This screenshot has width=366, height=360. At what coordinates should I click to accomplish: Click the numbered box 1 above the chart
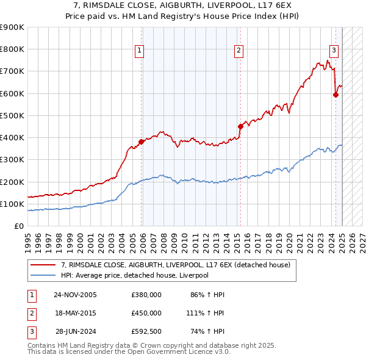pos(140,51)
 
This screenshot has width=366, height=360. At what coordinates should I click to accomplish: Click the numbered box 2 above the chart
pos(239,51)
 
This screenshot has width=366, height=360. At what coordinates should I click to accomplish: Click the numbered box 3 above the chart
pos(334,51)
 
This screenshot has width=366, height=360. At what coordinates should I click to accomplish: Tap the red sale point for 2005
pos(141,142)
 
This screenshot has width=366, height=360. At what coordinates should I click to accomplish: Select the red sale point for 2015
pos(240,126)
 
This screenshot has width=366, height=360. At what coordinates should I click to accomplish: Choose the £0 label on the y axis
pos(18,226)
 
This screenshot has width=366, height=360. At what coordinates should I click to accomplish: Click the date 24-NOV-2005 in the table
pos(75,295)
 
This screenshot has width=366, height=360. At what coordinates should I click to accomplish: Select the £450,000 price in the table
pos(146,313)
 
